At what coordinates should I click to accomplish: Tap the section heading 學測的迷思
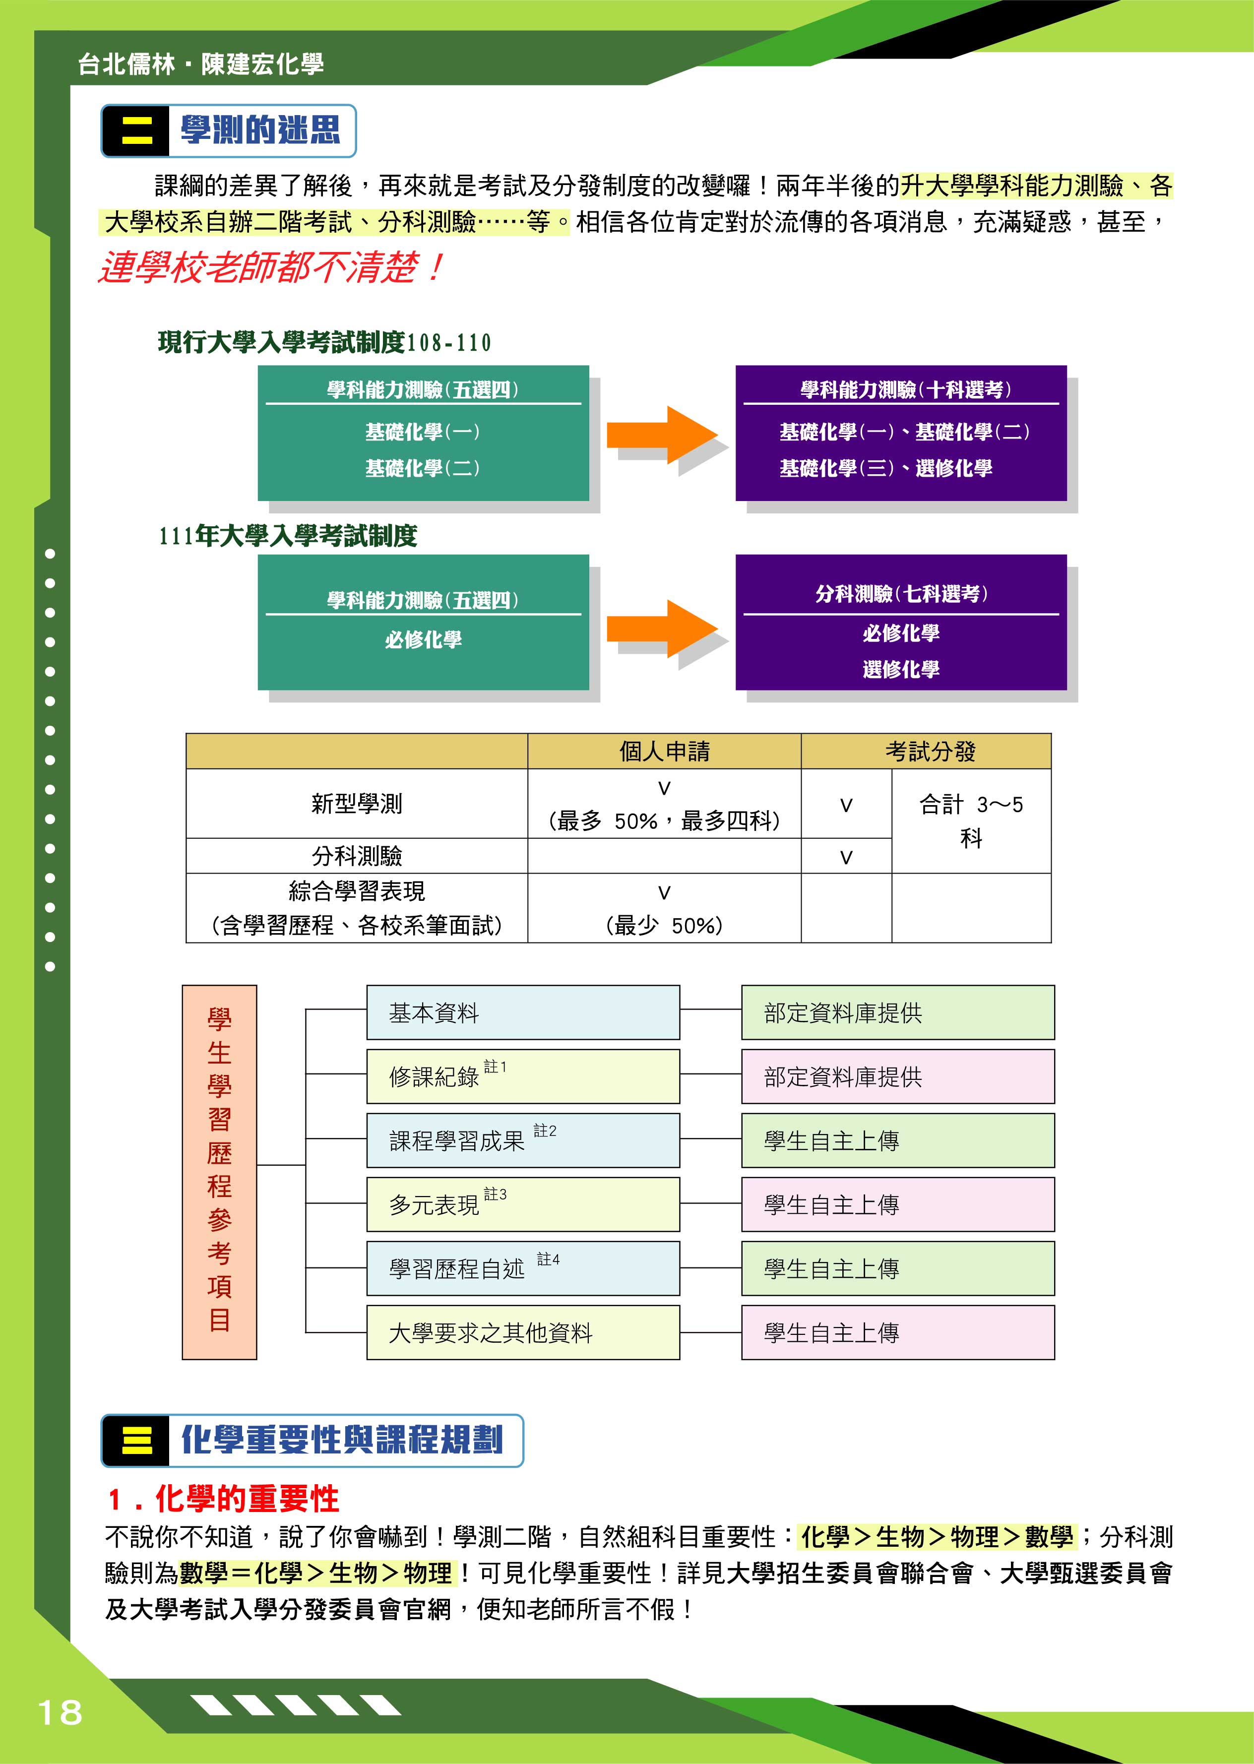point(260,129)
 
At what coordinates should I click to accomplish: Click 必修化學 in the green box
point(423,639)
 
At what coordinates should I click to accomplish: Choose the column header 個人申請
point(664,751)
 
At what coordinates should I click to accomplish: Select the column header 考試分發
point(931,751)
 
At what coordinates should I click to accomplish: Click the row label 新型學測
point(357,804)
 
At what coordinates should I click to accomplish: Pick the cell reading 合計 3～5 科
point(971,820)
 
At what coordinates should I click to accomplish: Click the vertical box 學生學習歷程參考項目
point(219,1171)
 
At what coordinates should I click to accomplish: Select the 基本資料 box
point(523,1012)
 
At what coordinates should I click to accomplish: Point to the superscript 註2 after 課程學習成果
point(545,1130)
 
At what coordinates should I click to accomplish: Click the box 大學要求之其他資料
point(523,1332)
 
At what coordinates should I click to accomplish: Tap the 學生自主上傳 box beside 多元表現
point(898,1204)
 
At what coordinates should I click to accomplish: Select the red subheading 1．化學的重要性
point(224,1499)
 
